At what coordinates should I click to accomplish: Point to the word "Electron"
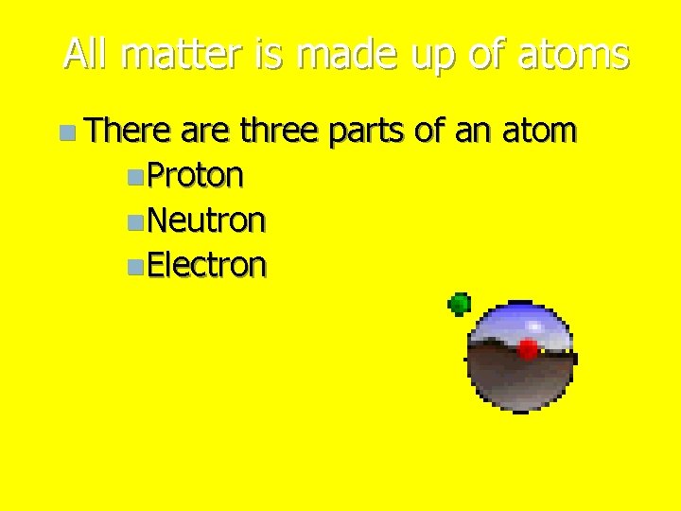pyautogui.click(x=207, y=265)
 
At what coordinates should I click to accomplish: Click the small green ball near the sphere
pyautogui.click(x=460, y=304)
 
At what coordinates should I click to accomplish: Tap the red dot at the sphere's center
pyautogui.click(x=528, y=348)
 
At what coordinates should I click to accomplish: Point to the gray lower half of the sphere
pyautogui.click(x=520, y=383)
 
